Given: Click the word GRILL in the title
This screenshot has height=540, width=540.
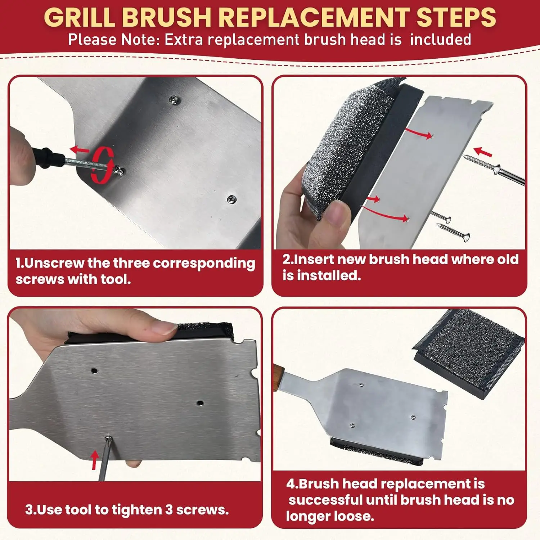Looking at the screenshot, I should [x=81, y=17].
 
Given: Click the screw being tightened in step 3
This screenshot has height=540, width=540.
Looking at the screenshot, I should [x=108, y=438].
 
